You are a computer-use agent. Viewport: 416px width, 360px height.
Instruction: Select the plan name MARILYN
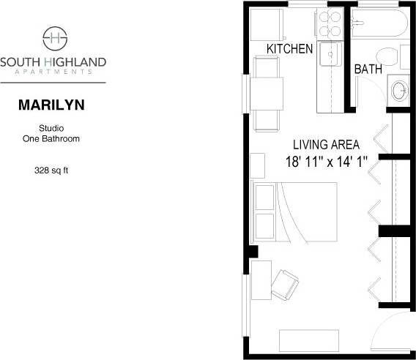click(51, 105)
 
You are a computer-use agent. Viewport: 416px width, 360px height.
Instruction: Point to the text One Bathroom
click(51, 138)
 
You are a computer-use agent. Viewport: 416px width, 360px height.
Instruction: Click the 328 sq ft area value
click(51, 170)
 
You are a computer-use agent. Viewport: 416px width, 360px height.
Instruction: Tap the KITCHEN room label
click(289, 49)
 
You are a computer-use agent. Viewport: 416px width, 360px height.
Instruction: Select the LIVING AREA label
click(326, 145)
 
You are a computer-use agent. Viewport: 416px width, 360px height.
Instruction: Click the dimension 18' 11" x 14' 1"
click(326, 162)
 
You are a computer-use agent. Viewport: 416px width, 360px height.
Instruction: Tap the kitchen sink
click(331, 54)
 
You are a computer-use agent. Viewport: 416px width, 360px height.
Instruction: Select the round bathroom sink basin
click(400, 91)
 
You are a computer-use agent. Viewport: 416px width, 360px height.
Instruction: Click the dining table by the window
click(266, 93)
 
